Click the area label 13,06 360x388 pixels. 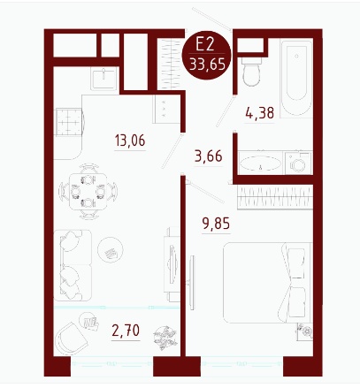click(x=130, y=141)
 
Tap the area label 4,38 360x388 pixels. click(x=260, y=113)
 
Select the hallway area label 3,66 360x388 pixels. click(x=209, y=156)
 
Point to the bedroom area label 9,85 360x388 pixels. click(x=216, y=224)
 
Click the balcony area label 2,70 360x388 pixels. click(x=126, y=331)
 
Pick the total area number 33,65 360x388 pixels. click(x=208, y=64)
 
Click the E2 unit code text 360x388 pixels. click(x=205, y=45)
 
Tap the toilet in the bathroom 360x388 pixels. click(x=251, y=72)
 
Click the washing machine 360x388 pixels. click(x=297, y=163)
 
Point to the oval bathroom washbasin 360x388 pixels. click(x=260, y=163)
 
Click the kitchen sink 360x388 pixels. click(x=103, y=79)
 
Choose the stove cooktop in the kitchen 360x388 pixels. click(x=69, y=122)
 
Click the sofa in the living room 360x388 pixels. click(x=73, y=265)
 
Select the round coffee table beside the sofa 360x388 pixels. click(x=111, y=250)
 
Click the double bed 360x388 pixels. click(x=267, y=283)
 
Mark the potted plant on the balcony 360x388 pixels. click(x=165, y=338)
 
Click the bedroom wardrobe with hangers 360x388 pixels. click(x=275, y=197)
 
